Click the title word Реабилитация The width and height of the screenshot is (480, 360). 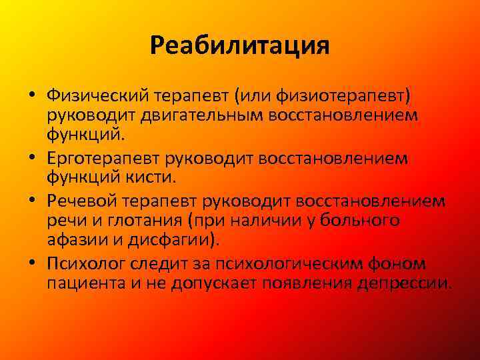240,45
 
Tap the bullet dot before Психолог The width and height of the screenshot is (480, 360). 31,264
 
